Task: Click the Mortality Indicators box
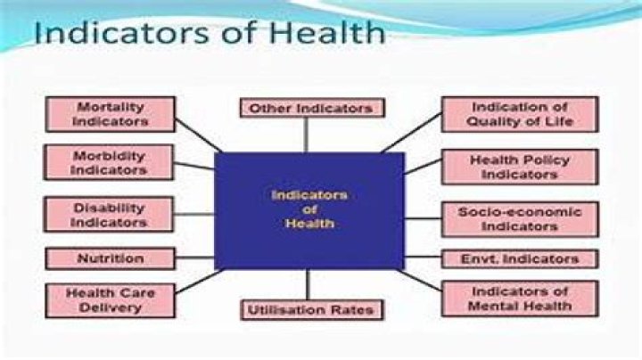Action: pyautogui.click(x=110, y=114)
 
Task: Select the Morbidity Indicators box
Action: pyautogui.click(x=110, y=161)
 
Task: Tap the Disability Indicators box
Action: pyautogui.click(x=110, y=214)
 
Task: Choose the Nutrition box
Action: pyautogui.click(x=110, y=258)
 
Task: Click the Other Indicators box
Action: pyautogui.click(x=311, y=108)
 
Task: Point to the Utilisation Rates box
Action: pyautogui.click(x=311, y=310)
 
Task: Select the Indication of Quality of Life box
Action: pyautogui.click(x=521, y=114)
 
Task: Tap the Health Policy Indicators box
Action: pyautogui.click(x=520, y=167)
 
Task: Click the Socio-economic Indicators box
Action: pyautogui.click(x=520, y=219)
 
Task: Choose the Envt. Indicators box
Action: pyautogui.click(x=521, y=259)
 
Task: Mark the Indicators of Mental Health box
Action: pyautogui.click(x=520, y=299)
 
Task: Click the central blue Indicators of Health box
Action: pyautogui.click(x=309, y=210)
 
